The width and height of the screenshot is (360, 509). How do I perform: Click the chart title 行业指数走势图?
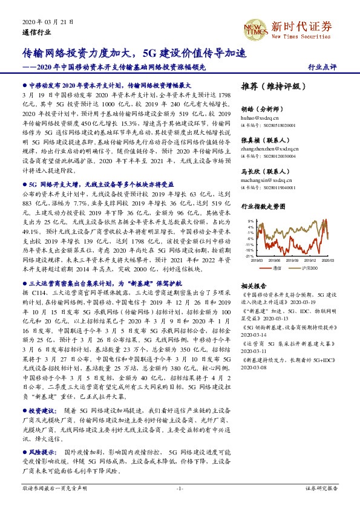tap(262, 207)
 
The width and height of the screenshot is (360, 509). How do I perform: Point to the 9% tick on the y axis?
tap(250, 221)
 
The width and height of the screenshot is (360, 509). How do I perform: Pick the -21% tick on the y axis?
tap(249, 256)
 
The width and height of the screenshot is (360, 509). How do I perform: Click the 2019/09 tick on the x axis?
tap(292, 261)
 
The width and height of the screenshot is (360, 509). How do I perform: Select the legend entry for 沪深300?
tap(309, 267)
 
